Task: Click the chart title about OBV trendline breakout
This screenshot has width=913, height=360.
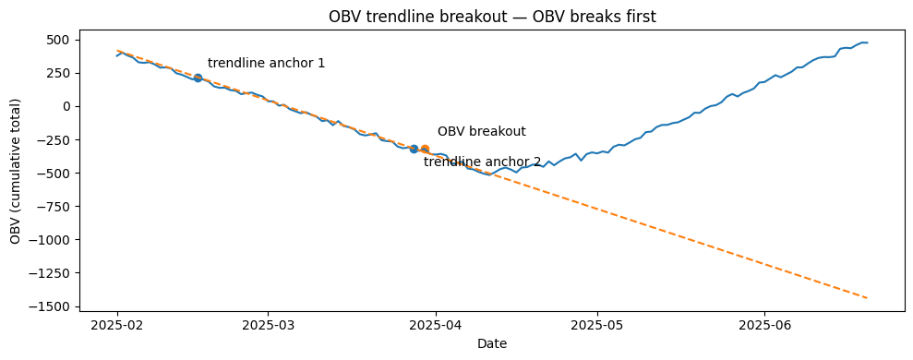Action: coord(492,16)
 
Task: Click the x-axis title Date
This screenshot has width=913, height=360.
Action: coord(492,343)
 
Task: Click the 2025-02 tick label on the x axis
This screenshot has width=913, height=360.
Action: coord(117,325)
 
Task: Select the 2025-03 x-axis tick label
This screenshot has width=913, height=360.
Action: coord(268,325)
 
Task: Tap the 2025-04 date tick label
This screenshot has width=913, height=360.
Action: coord(435,325)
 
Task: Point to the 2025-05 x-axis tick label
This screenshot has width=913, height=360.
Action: coord(597,325)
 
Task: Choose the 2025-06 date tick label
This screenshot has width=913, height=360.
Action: coord(764,325)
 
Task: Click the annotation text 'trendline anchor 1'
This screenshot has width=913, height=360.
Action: coord(266,64)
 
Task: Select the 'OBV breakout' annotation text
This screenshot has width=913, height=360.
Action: coord(481,132)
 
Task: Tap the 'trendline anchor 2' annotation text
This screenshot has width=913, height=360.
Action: coord(482,162)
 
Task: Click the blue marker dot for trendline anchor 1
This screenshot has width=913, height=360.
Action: coord(198,78)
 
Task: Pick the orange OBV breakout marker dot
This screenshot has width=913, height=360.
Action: coord(425,149)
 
